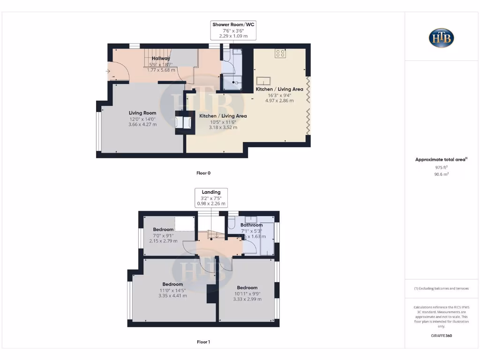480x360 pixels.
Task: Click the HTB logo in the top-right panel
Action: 441,38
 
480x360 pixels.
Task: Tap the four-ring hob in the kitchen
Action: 280,53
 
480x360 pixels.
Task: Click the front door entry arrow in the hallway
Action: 108,72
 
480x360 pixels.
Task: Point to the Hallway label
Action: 161,58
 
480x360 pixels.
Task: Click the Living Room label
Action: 142,113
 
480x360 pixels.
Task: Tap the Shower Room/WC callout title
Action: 234,24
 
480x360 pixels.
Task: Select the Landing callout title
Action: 211,192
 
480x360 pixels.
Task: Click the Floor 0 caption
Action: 203,173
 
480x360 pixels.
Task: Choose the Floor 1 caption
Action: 203,342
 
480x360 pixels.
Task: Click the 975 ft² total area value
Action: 441,167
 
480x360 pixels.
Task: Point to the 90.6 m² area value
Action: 441,174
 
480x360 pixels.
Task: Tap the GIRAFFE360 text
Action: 441,336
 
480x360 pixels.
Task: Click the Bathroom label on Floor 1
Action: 251,225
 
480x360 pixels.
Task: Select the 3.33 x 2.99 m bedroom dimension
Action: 247,299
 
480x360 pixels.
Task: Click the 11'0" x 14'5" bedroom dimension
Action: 172,290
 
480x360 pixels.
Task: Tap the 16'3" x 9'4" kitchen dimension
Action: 279,95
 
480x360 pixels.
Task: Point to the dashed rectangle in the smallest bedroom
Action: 185,224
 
